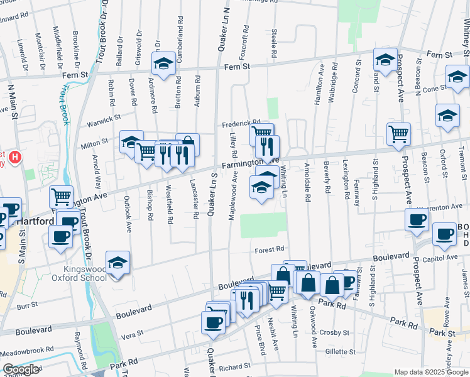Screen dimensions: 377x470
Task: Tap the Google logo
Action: (x=21, y=370)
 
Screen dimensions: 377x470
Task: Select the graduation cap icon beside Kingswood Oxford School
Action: (x=117, y=263)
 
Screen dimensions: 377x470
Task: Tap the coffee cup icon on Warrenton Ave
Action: (x=417, y=221)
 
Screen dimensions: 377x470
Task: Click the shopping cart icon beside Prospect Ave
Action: (x=398, y=134)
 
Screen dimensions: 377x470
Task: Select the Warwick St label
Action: (x=103, y=117)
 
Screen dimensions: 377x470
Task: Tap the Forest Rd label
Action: (x=270, y=249)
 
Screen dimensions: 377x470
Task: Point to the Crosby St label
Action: (x=332, y=332)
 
